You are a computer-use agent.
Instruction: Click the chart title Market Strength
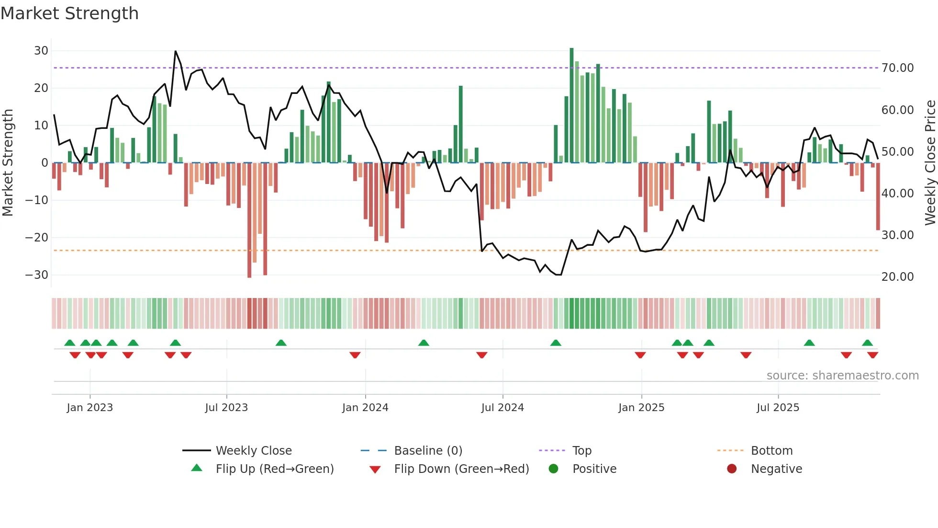[x=69, y=13]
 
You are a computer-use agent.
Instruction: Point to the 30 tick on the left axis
[x=41, y=51]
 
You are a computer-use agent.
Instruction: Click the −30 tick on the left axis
[x=37, y=275]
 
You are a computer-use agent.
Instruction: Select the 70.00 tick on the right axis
[x=897, y=68]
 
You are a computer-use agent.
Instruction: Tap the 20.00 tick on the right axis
[x=897, y=277]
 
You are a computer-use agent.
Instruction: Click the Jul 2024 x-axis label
[x=502, y=408]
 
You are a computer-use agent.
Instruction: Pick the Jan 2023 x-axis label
[x=90, y=408]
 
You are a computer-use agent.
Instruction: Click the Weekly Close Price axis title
[x=930, y=163]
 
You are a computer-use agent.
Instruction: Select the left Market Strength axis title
[x=8, y=163]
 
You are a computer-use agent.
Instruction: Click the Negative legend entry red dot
[x=732, y=469]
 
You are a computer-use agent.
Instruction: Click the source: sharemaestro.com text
[x=842, y=376]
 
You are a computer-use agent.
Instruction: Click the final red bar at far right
[x=878, y=196]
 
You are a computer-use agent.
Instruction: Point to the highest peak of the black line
[x=176, y=51]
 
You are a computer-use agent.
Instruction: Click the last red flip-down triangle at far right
[x=872, y=355]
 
